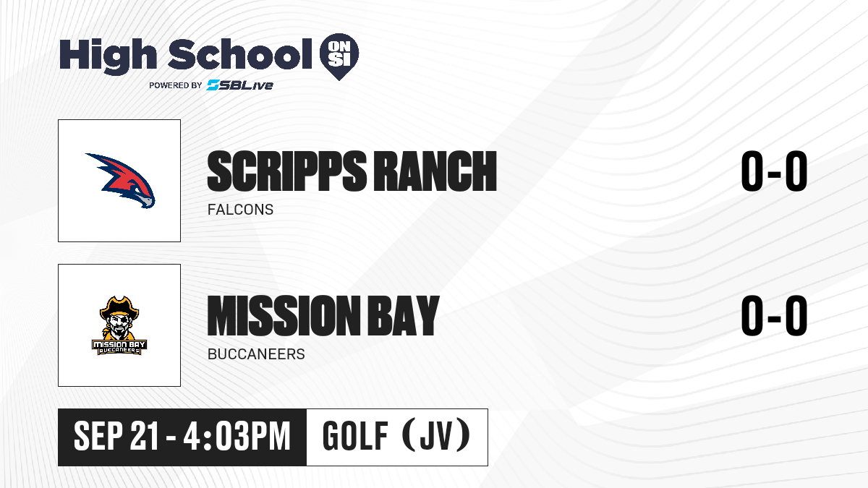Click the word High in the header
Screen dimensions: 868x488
click(109, 56)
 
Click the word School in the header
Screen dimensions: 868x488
click(240, 53)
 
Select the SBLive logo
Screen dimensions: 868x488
click(240, 85)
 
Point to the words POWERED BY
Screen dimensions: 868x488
click(176, 85)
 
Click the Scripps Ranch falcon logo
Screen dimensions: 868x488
click(121, 181)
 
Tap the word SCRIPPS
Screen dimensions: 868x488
click(287, 171)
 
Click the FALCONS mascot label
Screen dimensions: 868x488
click(240, 210)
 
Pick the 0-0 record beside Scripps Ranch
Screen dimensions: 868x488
click(774, 171)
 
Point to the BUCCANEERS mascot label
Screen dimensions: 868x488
click(256, 354)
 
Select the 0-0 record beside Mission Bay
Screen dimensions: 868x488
click(774, 315)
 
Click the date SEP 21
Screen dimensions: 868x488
click(116, 436)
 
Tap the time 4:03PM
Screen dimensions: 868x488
click(237, 436)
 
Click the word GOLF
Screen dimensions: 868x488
click(355, 436)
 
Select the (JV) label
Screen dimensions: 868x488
click(436, 435)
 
